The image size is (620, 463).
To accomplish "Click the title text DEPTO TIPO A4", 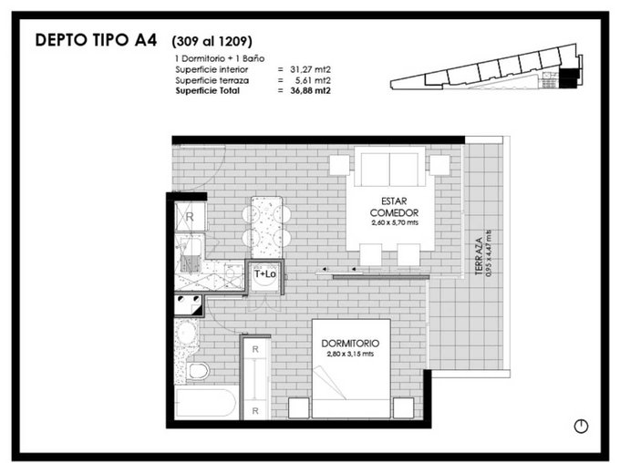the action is (96, 40).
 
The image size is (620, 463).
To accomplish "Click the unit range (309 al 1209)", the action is (212, 41).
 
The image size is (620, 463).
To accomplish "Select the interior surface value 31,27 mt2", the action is (310, 69).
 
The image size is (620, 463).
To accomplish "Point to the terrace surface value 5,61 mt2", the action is (313, 80).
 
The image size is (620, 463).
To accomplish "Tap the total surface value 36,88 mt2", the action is (310, 90).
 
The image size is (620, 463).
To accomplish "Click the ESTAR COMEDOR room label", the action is (394, 207).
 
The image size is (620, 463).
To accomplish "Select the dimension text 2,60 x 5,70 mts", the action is (395, 222).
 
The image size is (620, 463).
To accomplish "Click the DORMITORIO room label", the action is (350, 344).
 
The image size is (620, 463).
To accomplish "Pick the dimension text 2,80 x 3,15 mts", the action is (350, 354).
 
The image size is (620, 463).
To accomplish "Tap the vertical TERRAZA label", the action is (479, 256).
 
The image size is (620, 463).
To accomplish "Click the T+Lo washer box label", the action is (265, 273).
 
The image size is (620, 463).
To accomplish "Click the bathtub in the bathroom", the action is (206, 403).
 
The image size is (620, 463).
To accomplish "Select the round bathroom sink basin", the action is (186, 333).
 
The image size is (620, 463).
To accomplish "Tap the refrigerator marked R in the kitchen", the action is (191, 217).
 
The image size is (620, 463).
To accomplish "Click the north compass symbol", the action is (581, 426).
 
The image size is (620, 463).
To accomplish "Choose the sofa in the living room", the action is (389, 167).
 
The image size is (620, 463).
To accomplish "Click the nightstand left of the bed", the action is (298, 407).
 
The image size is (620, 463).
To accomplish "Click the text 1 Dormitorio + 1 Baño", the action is (220, 58).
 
